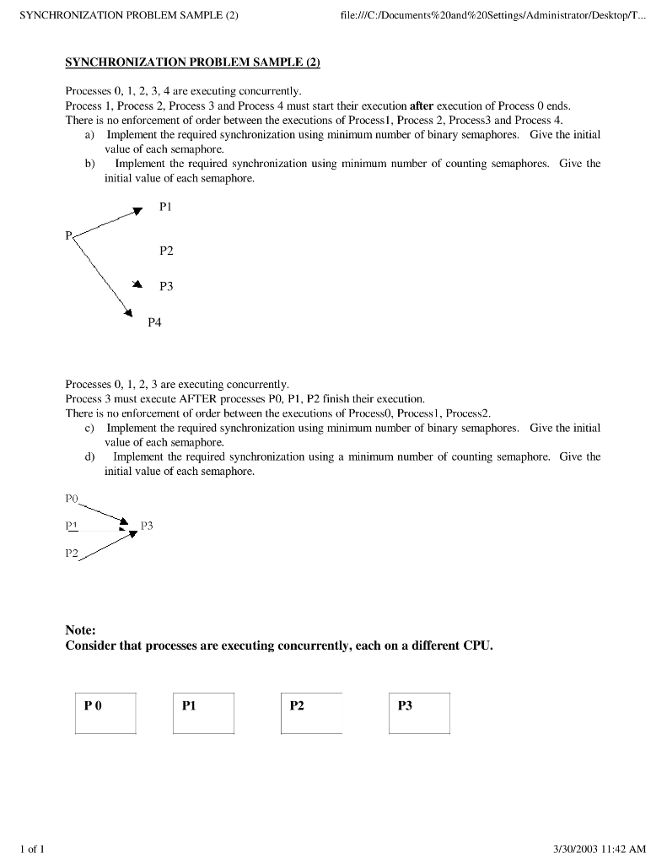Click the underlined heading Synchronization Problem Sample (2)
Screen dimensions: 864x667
192,63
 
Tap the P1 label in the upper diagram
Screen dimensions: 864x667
165,206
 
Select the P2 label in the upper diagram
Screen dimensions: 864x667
166,251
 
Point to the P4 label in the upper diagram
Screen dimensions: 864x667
154,321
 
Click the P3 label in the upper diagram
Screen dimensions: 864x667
166,287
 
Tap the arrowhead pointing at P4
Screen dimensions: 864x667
129,315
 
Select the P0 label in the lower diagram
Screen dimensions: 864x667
72,499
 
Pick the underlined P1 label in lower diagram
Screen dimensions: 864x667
72,525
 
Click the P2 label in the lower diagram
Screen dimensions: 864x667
72,553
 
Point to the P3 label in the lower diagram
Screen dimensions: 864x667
147,526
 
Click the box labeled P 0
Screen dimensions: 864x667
105,713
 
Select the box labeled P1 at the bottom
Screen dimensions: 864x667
203,713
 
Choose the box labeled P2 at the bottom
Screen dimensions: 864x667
311,713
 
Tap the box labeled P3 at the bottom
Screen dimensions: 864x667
419,713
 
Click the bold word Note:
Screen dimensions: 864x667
81,630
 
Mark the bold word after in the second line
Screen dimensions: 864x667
421,106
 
